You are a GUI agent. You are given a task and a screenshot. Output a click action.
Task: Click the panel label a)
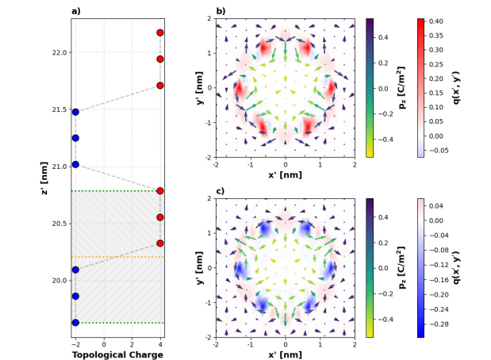(x=76, y=11)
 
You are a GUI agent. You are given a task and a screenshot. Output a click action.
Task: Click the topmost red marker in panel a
(x=160, y=33)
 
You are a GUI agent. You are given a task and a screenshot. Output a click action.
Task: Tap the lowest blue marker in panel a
(x=75, y=323)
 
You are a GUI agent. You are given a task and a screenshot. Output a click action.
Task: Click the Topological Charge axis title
(x=117, y=354)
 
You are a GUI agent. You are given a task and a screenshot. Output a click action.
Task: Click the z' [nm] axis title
(x=45, y=178)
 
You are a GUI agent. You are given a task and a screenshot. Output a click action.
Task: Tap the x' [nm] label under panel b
(x=285, y=174)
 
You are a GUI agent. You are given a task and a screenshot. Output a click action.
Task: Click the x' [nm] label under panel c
(x=285, y=354)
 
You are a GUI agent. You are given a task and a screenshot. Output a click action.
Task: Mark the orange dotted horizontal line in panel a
(x=117, y=257)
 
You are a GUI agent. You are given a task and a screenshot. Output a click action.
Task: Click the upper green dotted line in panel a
(x=117, y=191)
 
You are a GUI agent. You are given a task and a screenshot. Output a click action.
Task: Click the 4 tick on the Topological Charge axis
(x=160, y=345)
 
